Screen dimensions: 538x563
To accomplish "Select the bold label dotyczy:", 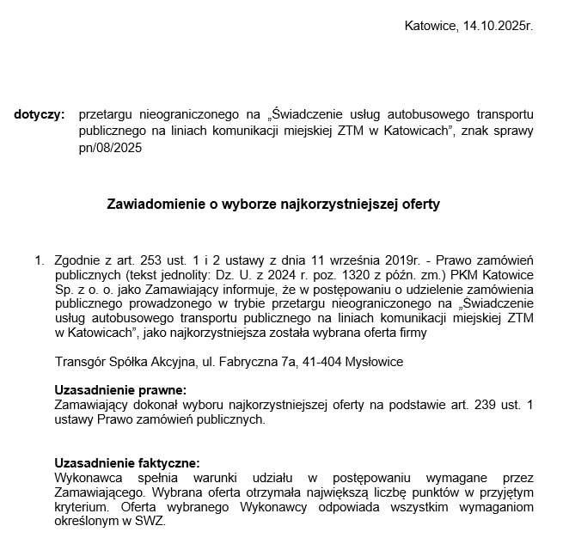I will coord(39,114).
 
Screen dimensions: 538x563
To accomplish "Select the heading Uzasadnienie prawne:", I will coord(119,390).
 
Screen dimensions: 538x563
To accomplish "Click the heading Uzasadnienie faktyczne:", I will coord(127,462).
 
